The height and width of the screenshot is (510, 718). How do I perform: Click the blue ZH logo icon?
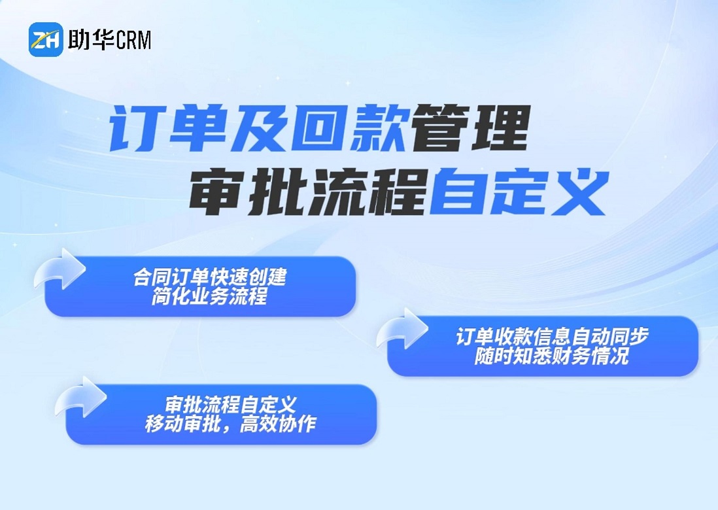(46, 39)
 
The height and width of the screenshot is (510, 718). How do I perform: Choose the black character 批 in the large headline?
(276, 192)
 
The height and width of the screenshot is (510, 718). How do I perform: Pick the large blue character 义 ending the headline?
(579, 192)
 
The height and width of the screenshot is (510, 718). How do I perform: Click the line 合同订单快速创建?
(210, 277)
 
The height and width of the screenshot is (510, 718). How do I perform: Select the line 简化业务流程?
(210, 297)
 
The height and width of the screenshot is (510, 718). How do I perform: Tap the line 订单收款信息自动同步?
(552, 337)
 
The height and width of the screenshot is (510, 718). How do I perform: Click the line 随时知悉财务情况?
(552, 356)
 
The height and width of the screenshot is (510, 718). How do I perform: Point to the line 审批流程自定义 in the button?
(231, 405)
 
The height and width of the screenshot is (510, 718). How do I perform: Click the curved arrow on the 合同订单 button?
(60, 269)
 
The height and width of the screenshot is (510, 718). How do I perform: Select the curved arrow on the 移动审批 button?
(80, 397)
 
